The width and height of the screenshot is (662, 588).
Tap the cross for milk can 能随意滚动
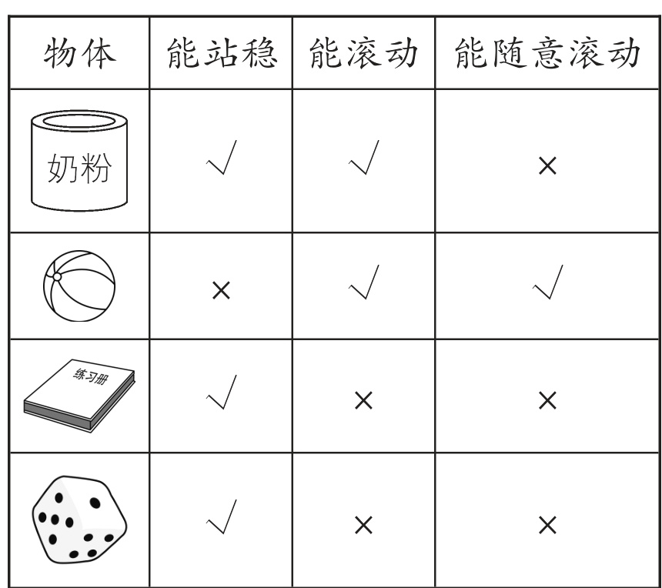click(547, 166)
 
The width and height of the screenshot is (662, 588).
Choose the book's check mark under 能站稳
click(221, 395)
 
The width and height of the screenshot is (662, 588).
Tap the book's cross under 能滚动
click(363, 399)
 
